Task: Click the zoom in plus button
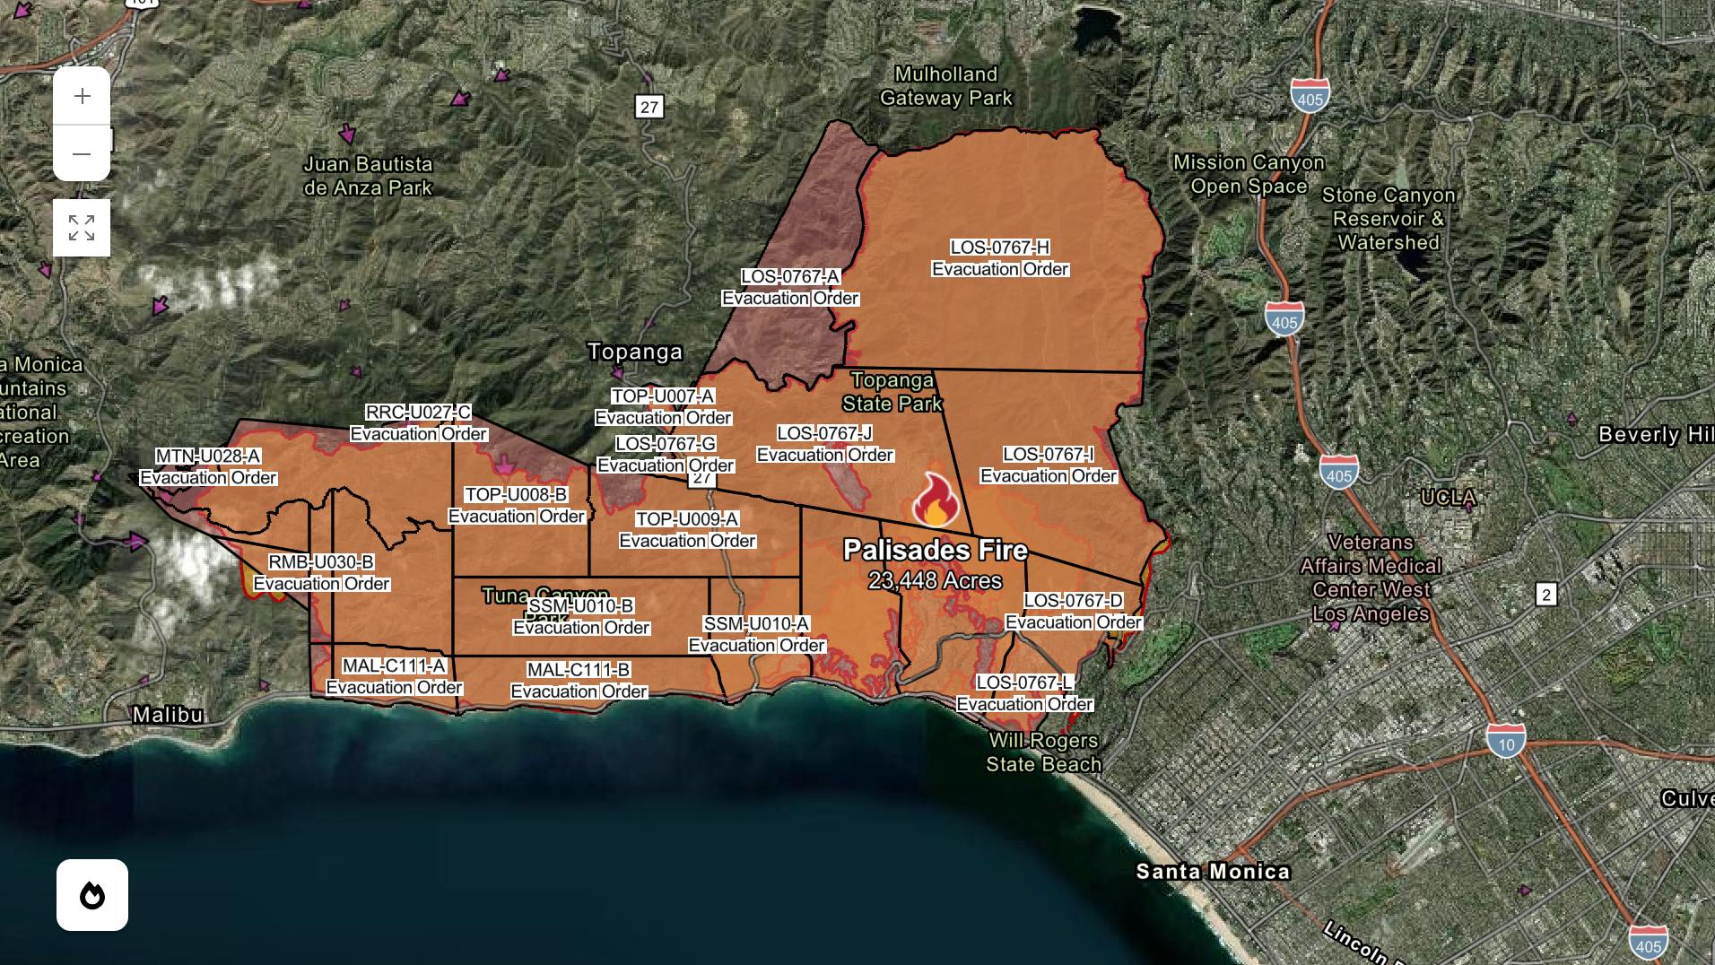(x=82, y=96)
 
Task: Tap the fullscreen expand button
(x=82, y=228)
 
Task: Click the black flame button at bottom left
(x=92, y=895)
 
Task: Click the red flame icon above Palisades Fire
(x=936, y=500)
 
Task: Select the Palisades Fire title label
(x=936, y=550)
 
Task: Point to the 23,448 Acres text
(x=936, y=581)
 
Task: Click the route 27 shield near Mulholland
(x=649, y=107)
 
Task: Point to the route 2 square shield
(x=1545, y=594)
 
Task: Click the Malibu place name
(x=168, y=715)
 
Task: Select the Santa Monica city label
(x=1213, y=871)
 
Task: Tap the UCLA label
(x=1448, y=497)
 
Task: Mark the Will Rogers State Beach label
(x=1044, y=752)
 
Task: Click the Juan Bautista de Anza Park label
(x=368, y=176)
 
